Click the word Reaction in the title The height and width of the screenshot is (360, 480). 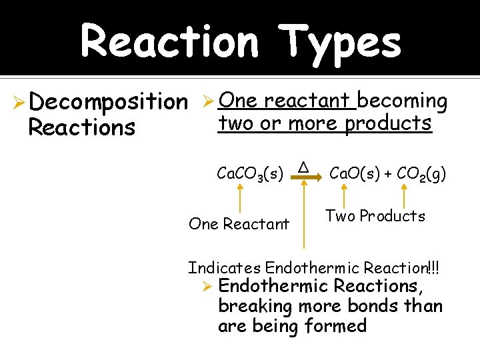click(169, 41)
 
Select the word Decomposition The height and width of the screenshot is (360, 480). click(109, 102)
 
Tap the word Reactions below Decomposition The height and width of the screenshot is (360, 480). click(82, 127)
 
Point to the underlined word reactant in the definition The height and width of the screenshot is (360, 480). click(307, 100)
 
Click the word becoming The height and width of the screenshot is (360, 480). click(403, 101)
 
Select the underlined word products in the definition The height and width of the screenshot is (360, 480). click(388, 123)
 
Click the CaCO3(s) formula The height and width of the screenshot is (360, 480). click(251, 174)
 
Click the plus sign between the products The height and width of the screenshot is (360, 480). click(387, 174)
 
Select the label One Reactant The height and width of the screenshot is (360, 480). click(239, 224)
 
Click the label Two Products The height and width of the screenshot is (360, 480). click(375, 216)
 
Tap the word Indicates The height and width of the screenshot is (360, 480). click(225, 268)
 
